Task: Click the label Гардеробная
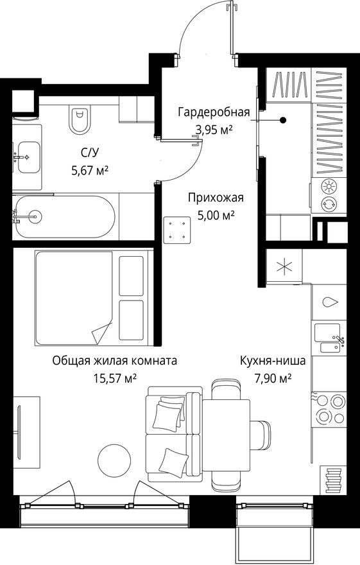[x=213, y=113]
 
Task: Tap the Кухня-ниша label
[x=273, y=361]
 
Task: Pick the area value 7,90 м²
[x=273, y=378]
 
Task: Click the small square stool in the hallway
[x=178, y=230]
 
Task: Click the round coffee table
[x=114, y=459]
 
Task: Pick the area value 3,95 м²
[x=213, y=129]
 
